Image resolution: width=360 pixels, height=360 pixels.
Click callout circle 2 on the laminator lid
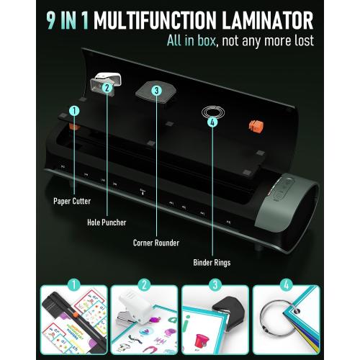coord(107,89)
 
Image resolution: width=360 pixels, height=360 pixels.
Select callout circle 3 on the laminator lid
coord(156,91)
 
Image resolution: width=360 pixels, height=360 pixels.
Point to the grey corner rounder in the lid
coord(157,86)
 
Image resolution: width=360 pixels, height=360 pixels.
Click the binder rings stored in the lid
coord(212,110)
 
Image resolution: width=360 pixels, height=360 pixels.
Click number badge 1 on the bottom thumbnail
coord(73,286)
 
